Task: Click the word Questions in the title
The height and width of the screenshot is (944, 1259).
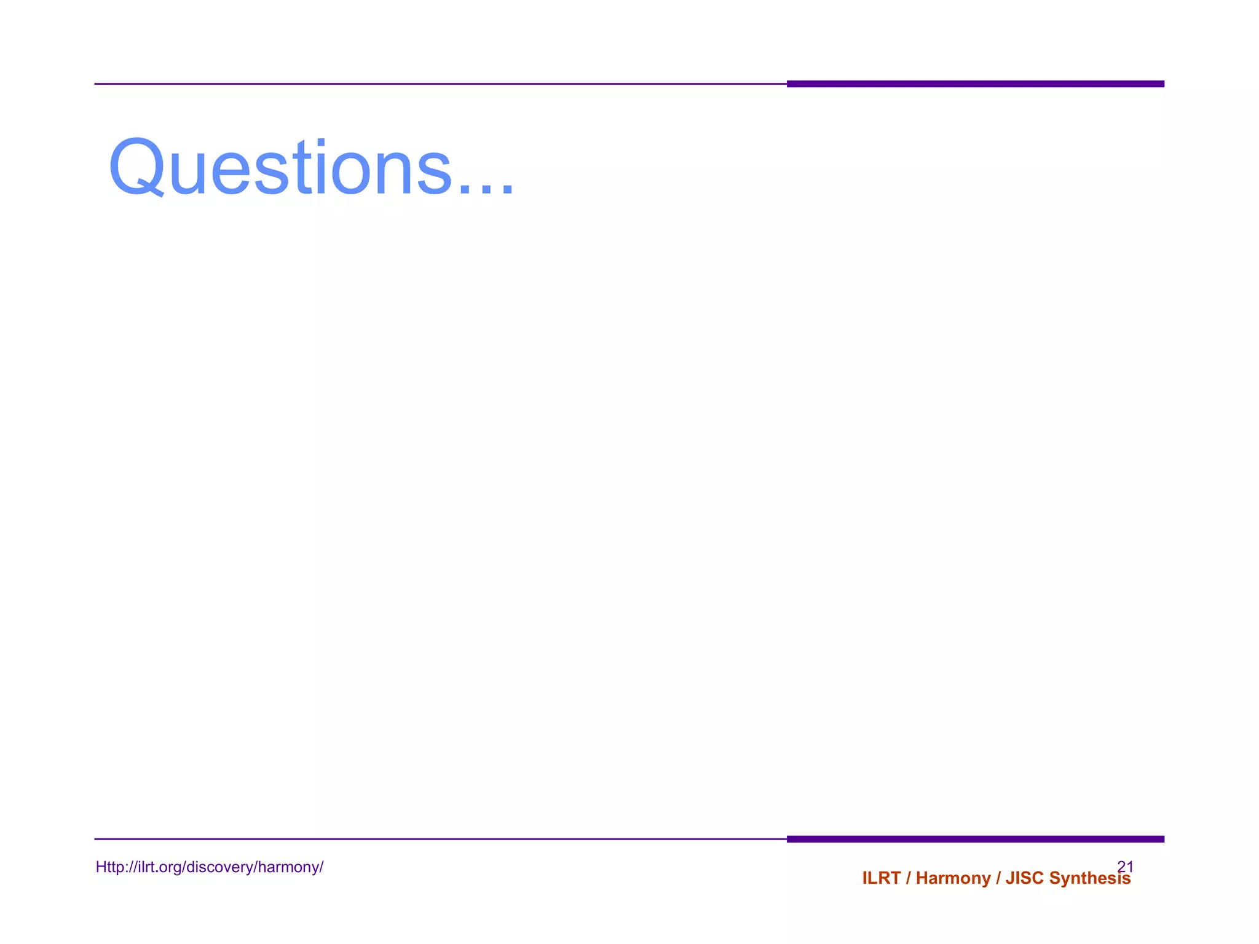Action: click(x=280, y=167)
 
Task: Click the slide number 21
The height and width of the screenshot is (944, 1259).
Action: click(x=1125, y=866)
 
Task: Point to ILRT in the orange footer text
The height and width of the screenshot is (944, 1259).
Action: click(x=881, y=878)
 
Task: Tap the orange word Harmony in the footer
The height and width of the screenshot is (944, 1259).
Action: click(x=953, y=878)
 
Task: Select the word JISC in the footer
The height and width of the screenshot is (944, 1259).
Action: click(x=1025, y=878)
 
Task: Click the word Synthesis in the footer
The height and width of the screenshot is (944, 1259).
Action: click(x=1089, y=878)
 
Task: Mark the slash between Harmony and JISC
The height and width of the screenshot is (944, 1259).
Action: click(x=998, y=878)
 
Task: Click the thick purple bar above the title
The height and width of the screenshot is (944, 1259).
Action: click(x=975, y=84)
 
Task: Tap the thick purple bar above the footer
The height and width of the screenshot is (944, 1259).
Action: click(x=975, y=839)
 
